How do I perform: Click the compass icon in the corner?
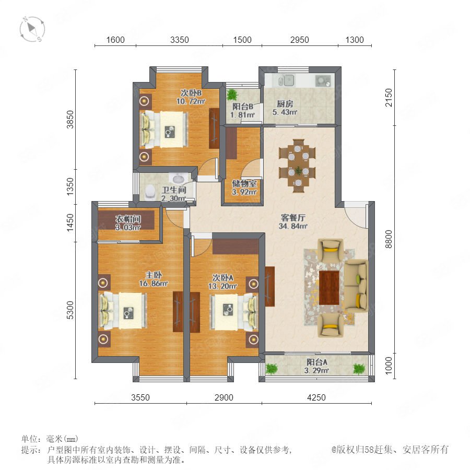[x=32, y=29]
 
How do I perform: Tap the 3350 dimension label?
[x=180, y=40]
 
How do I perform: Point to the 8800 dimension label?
[x=388, y=239]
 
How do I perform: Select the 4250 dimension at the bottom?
[x=316, y=397]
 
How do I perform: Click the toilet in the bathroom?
[x=149, y=192]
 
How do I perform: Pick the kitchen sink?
[x=286, y=80]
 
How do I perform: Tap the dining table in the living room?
[x=297, y=166]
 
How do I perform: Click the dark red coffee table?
[x=329, y=287]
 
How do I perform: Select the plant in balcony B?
[x=232, y=95]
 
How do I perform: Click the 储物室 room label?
[x=244, y=183]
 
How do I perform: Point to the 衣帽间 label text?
[x=128, y=219]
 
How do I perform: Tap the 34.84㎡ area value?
[x=293, y=226]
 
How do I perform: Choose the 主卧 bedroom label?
[x=154, y=275]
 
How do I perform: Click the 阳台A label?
[x=317, y=362]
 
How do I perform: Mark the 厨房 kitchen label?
[x=285, y=104]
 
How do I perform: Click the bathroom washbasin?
[x=178, y=179]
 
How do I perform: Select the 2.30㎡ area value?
[x=173, y=198]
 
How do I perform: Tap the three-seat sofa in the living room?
[x=356, y=285]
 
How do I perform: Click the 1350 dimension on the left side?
[x=70, y=186]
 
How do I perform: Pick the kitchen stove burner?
[x=323, y=80]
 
